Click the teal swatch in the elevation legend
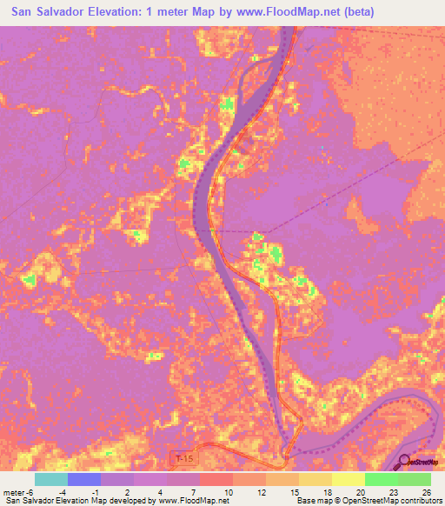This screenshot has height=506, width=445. click(x=51, y=479)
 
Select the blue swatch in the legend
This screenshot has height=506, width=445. click(x=84, y=479)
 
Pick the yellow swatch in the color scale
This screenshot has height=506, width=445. click(x=348, y=479)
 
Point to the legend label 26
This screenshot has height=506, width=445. click(x=426, y=491)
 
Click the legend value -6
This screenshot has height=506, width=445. click(x=30, y=491)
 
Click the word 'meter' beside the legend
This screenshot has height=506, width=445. click(x=12, y=491)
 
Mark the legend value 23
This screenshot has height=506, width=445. click(x=394, y=491)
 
